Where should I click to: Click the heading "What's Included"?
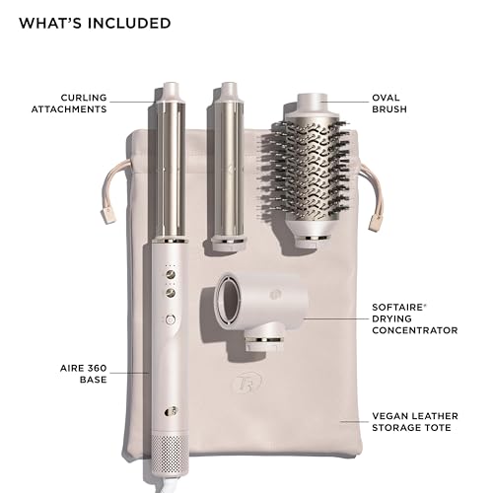[95, 23]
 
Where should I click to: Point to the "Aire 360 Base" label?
[82, 373]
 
